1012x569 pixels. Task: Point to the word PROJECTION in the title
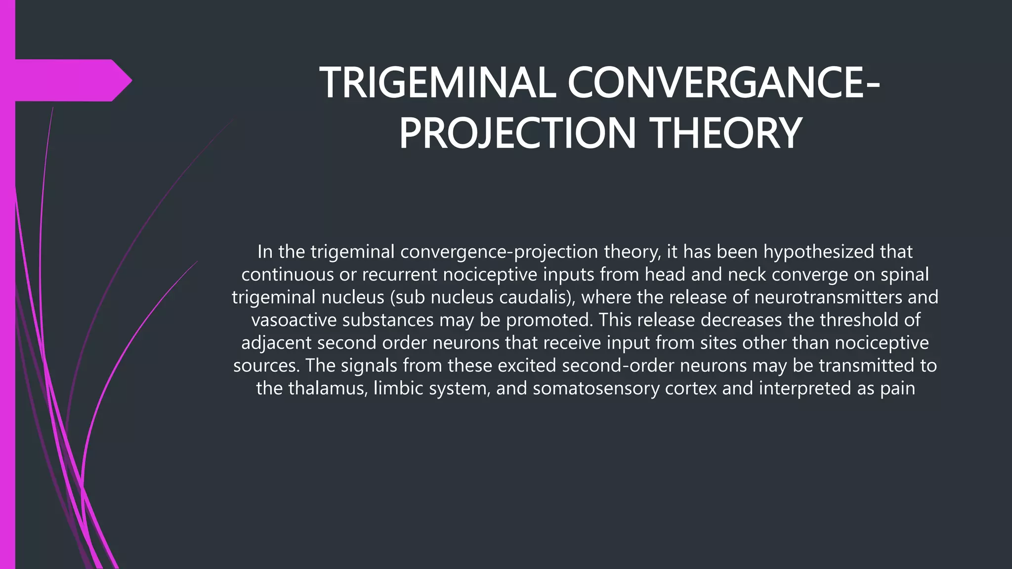(517, 133)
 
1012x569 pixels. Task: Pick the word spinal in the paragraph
(904, 275)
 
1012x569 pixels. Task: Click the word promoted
(549, 320)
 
